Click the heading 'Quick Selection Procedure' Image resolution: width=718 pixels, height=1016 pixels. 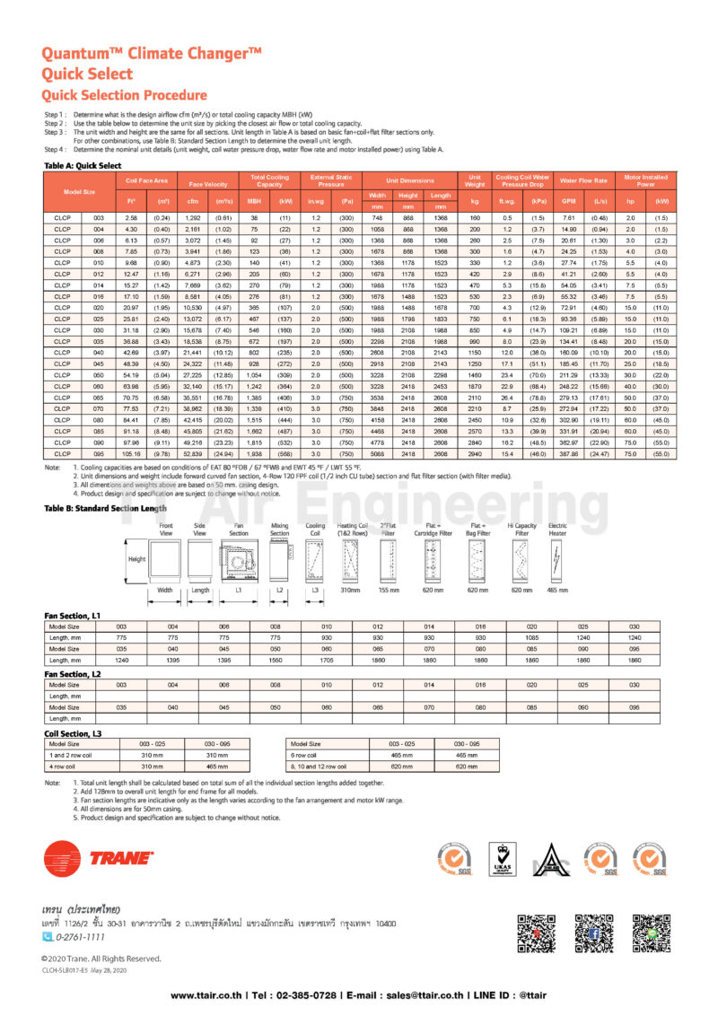125,95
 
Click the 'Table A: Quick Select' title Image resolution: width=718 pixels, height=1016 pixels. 83,166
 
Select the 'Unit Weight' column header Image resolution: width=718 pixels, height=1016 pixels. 474,180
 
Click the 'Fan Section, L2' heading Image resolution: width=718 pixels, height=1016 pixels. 74,673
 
